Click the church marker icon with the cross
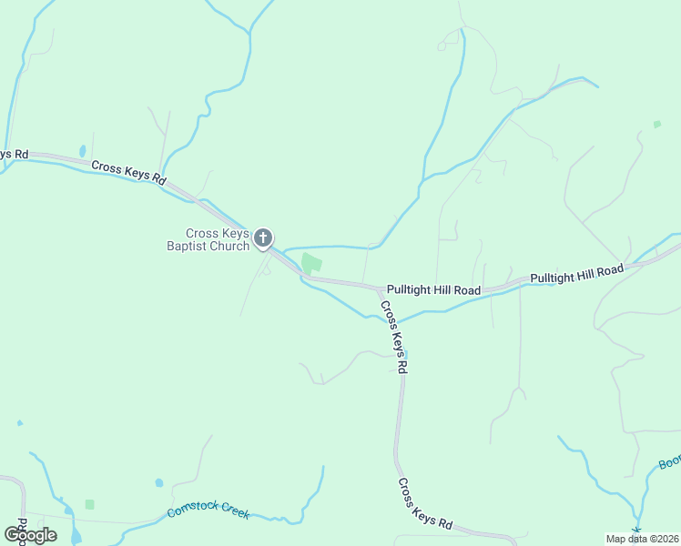tap(262, 238)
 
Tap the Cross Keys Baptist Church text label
tap(207, 239)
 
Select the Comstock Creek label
tap(208, 512)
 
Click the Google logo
tap(31, 534)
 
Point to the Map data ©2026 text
tap(641, 538)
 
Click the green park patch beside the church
tap(311, 264)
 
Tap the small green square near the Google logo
tap(89, 504)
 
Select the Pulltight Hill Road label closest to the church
tap(433, 289)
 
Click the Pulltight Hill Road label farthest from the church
tap(576, 271)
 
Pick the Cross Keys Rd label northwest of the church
tap(127, 172)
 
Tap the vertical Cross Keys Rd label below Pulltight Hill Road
tap(394, 337)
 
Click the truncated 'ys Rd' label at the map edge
tap(13, 155)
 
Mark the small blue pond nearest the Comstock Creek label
tap(159, 482)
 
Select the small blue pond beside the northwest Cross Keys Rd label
tap(82, 150)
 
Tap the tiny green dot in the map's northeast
tap(656, 124)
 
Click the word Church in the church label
tap(229, 246)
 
